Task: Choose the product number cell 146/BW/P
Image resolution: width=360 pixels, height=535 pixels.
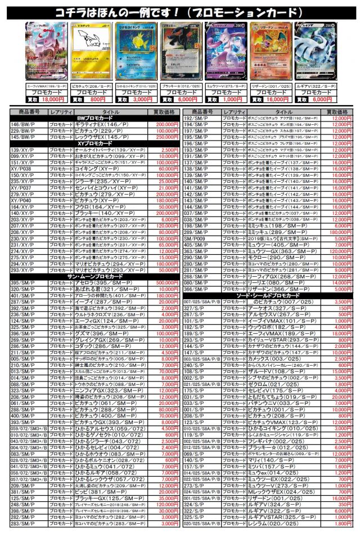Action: tap(23, 124)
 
